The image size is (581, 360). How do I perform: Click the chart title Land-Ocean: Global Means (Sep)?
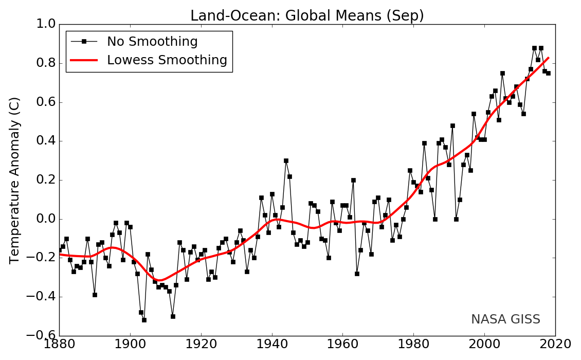(307, 16)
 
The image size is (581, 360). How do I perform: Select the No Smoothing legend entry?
(152, 42)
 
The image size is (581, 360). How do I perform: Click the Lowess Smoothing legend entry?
(167, 60)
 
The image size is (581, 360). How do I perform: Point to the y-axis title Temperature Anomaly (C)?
(15, 180)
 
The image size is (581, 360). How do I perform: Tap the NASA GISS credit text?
(505, 319)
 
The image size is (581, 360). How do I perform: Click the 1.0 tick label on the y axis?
(45, 25)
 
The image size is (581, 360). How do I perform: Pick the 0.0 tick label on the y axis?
(45, 219)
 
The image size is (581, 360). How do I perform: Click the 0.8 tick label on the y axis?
(45, 64)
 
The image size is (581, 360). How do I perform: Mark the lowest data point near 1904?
(144, 320)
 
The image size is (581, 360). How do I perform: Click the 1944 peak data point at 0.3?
(286, 160)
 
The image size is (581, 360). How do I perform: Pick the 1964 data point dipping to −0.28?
(357, 274)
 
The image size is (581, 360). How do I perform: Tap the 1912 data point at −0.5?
(173, 316)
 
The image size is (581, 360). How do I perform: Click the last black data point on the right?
(548, 73)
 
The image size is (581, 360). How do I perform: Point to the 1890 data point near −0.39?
(95, 295)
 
